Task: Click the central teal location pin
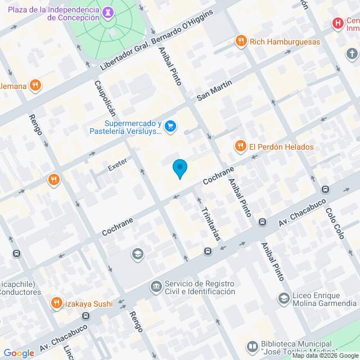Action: point(179,169)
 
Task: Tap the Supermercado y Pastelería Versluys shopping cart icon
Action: point(171,127)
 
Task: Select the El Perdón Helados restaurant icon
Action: point(241,147)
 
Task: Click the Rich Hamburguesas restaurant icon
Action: point(241,41)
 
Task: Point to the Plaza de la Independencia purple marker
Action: point(109,11)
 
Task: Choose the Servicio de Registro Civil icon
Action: point(155,287)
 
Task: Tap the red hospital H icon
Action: point(337,23)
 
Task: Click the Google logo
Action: point(18,353)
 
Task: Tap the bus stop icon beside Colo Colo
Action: point(325,190)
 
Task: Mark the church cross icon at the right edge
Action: point(352,54)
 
